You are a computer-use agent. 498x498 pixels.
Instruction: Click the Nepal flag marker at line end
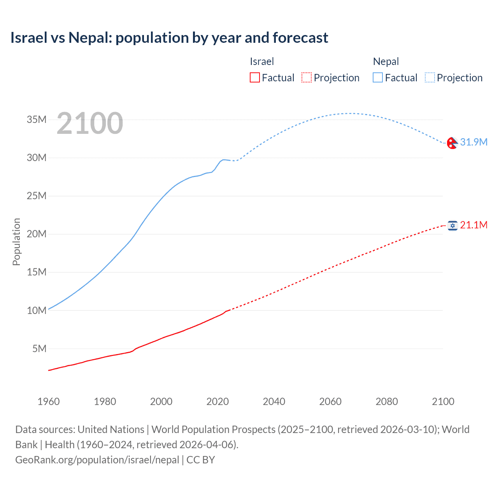click(452, 143)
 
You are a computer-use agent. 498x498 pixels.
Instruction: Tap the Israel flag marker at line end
click(452, 226)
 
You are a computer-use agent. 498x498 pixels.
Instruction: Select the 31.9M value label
click(473, 142)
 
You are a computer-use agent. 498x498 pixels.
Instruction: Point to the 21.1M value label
click(473, 225)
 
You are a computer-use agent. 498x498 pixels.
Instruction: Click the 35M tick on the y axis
click(37, 119)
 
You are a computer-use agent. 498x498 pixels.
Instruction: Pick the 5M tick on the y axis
click(39, 349)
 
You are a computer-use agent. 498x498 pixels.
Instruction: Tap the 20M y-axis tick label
click(37, 234)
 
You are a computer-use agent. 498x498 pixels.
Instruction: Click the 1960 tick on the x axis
click(49, 402)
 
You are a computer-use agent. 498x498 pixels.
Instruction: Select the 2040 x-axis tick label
click(274, 402)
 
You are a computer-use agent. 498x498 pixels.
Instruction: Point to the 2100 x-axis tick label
click(443, 402)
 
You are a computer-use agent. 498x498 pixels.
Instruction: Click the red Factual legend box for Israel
click(254, 77)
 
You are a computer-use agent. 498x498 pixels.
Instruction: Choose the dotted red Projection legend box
click(307, 77)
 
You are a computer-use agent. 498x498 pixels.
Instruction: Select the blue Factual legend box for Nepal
click(377, 77)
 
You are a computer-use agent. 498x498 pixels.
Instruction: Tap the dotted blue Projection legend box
click(430, 77)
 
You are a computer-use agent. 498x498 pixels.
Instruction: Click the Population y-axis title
click(16, 242)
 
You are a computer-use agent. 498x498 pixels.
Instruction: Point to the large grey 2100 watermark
click(89, 123)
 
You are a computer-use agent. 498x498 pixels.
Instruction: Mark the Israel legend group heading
click(262, 61)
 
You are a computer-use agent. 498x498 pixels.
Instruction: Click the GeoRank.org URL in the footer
click(97, 459)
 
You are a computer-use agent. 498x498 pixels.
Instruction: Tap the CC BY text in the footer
click(201, 459)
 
